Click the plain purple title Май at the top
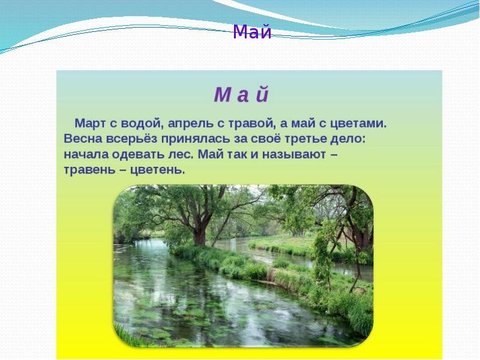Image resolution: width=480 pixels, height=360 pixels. pyautogui.click(x=252, y=32)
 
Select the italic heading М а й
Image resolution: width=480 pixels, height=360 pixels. pyautogui.click(x=241, y=95)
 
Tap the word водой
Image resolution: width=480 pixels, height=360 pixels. pyautogui.click(x=140, y=124)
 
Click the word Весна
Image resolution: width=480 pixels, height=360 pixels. pyautogui.click(x=83, y=139)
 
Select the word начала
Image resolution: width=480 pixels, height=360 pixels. pyautogui.click(x=86, y=154)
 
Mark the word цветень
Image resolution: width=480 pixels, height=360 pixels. pyautogui.click(x=157, y=170)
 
